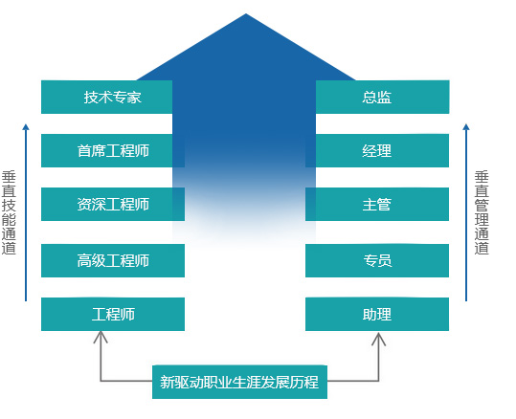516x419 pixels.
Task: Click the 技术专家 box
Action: [x=106, y=97]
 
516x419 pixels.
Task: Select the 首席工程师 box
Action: [x=113, y=150]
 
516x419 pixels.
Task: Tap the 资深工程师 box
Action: [x=113, y=204]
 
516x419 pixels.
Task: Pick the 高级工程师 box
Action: [x=113, y=260]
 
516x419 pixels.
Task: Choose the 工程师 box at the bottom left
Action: [x=113, y=314]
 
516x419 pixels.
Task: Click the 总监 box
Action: [x=382, y=97]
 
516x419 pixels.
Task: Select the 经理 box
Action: [x=377, y=150]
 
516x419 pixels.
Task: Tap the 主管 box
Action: [x=377, y=204]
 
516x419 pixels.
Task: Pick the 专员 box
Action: [x=377, y=260]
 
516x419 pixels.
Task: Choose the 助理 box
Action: [x=377, y=314]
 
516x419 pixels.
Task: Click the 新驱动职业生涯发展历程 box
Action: [x=239, y=382]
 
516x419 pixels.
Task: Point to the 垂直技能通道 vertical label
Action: [x=9, y=212]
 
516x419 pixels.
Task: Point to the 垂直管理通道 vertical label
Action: [x=482, y=212]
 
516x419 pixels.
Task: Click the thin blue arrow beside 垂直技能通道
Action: [x=26, y=212]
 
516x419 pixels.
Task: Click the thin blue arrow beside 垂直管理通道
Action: [x=466, y=212]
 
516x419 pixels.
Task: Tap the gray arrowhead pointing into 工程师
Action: [x=101, y=336]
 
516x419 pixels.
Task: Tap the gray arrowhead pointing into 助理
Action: [x=379, y=338]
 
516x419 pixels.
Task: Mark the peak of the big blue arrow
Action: [x=246, y=13]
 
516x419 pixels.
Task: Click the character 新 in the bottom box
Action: [x=167, y=382]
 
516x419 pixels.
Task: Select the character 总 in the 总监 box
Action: [x=370, y=98]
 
